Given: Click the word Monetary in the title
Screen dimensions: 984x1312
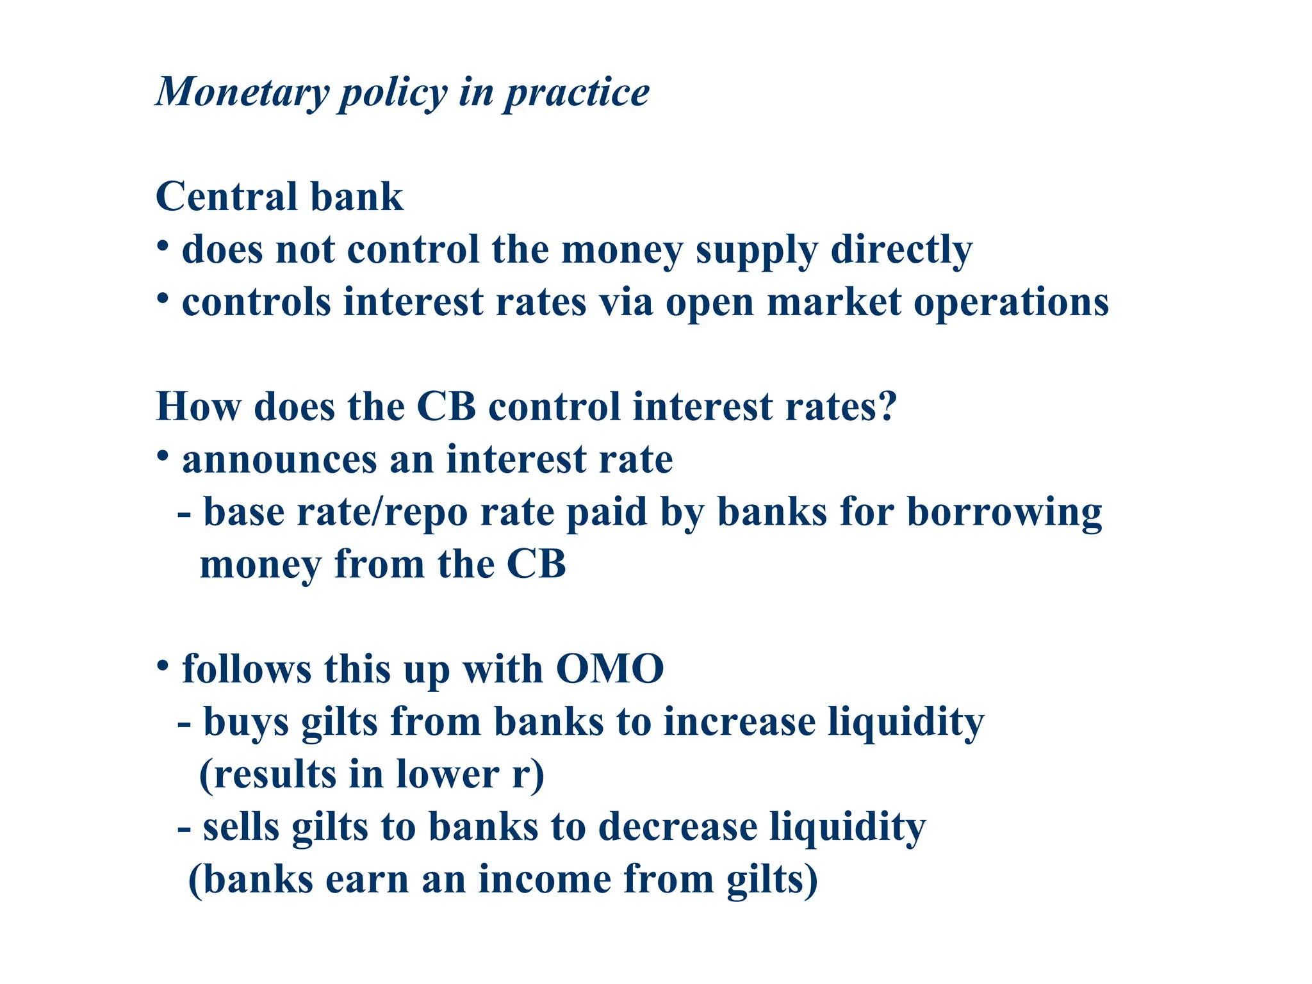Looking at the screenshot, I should pyautogui.click(x=242, y=93).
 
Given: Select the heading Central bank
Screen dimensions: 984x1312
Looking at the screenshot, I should pyautogui.click(x=279, y=197).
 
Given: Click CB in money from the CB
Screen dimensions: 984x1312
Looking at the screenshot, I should pyautogui.click(x=536, y=565).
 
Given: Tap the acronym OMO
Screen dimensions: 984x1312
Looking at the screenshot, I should pyautogui.click(x=609, y=669).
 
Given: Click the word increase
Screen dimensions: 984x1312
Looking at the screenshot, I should pyautogui.click(x=739, y=723).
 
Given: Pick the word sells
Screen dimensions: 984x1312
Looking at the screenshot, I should pyautogui.click(x=241, y=827).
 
